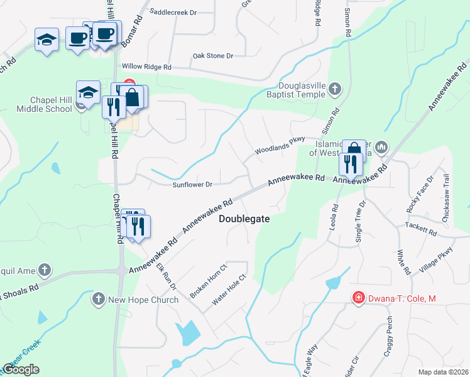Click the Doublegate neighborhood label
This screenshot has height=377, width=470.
(244, 219)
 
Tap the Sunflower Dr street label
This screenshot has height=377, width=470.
(192, 185)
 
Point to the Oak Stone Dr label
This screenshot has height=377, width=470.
(212, 56)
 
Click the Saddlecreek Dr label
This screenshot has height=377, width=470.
(173, 12)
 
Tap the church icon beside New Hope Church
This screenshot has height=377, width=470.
(98, 299)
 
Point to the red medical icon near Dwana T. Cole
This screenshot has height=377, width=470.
(359, 297)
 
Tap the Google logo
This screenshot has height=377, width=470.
(21, 369)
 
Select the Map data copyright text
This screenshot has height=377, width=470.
(443, 372)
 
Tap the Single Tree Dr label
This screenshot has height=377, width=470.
(360, 222)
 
